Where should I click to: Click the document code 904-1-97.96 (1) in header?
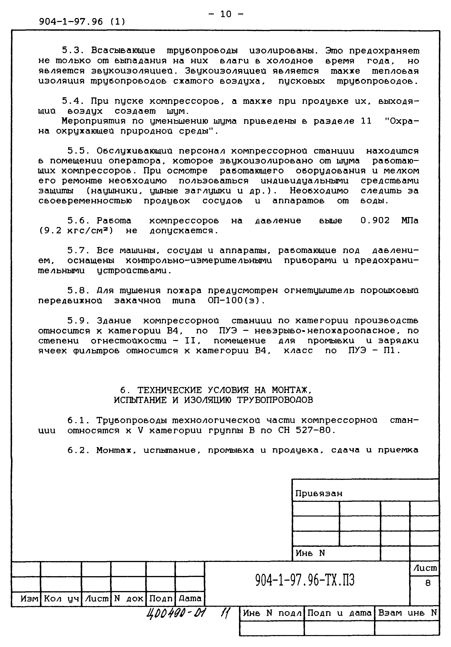pos(82,22)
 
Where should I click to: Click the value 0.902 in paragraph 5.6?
pos(375,221)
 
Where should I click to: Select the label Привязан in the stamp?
pos(318,494)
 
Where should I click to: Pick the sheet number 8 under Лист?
pos(428,583)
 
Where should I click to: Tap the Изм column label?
pos(29,598)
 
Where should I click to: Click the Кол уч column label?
pos(61,598)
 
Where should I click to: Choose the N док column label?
pos(129,598)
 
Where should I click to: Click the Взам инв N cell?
pos(407,613)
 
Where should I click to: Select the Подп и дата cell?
pos(339,613)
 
